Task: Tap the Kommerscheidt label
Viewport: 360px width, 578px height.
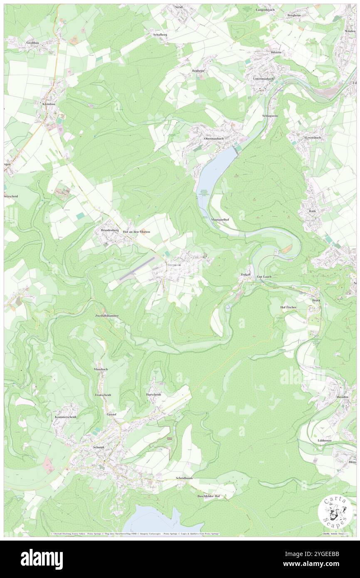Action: point(66,417)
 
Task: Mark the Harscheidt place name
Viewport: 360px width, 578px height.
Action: point(153,394)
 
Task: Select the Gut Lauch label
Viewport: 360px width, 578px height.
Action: point(264,276)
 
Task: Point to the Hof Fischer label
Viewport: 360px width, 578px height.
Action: point(288,307)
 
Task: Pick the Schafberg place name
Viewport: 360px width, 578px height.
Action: point(160,35)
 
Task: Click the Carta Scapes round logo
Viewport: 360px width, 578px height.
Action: point(335,512)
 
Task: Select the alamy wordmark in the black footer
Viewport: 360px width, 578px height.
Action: point(42,559)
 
